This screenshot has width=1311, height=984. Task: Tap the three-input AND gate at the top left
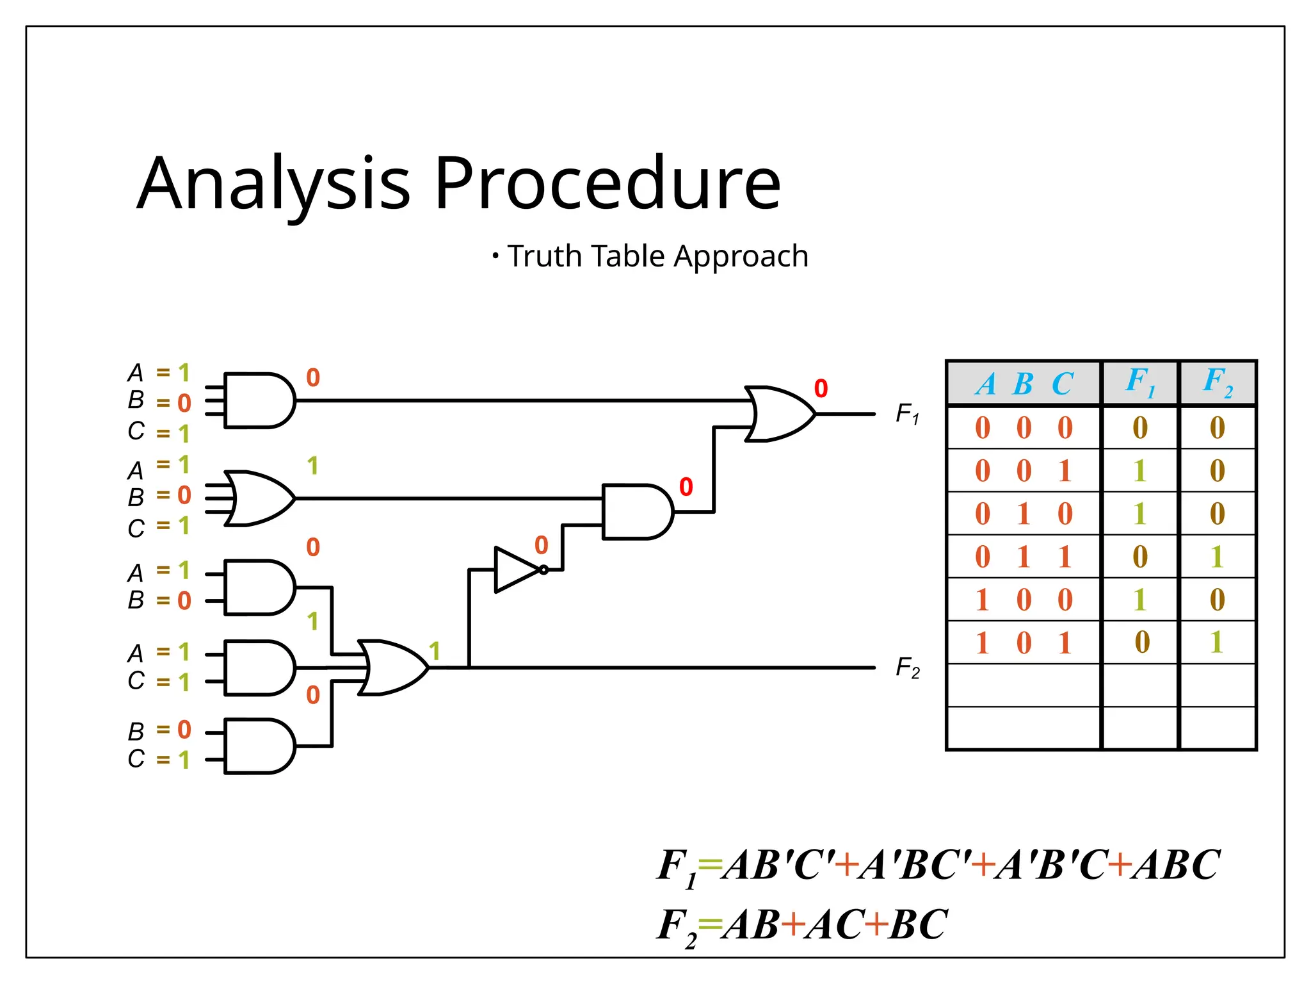(x=259, y=400)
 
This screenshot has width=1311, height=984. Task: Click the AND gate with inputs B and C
(x=259, y=746)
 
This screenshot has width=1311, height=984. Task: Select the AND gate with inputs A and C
(x=259, y=668)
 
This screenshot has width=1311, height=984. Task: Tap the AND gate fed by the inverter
(x=637, y=512)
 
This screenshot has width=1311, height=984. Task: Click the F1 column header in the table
(x=1140, y=382)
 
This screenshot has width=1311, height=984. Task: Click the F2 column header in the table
(x=1218, y=382)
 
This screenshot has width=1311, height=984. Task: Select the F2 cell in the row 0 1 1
(x=1217, y=557)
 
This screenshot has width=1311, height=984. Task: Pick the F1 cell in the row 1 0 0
(x=1139, y=600)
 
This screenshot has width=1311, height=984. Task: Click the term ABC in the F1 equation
(x=1175, y=865)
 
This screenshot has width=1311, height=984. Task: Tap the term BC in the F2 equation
(x=917, y=924)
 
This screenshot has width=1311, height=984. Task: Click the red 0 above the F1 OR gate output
(x=821, y=388)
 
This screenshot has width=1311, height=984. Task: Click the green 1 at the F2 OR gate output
(x=435, y=652)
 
